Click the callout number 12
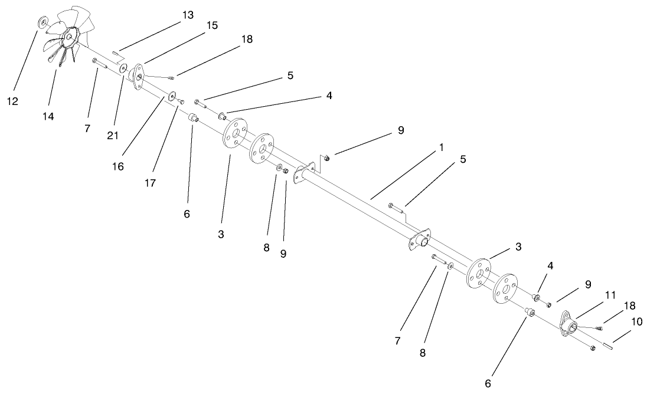pos(12,101)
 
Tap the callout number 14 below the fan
pos(48,117)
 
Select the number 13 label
pos(187,16)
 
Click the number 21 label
pos(113,135)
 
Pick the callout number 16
pos(118,166)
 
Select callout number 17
pos(150,183)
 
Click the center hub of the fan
pos(70,37)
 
